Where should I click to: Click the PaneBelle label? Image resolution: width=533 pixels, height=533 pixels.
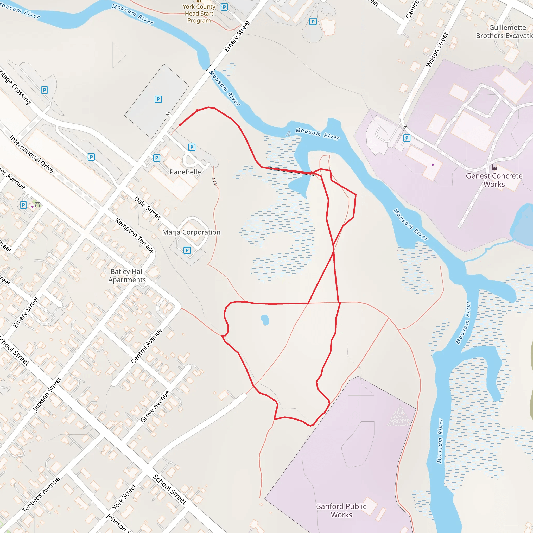click(x=185, y=172)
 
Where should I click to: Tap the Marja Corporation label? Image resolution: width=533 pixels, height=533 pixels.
click(x=191, y=232)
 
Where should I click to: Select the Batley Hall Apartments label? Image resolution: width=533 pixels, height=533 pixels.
click(x=127, y=276)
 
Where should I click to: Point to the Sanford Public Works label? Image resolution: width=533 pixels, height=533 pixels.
click(x=341, y=510)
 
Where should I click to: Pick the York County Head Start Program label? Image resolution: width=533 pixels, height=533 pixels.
click(x=199, y=14)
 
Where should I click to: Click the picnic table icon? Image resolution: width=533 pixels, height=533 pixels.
click(x=38, y=204)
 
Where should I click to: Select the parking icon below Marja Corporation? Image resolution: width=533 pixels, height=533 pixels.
click(x=187, y=250)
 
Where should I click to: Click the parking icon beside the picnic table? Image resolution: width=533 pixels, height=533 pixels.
click(x=23, y=205)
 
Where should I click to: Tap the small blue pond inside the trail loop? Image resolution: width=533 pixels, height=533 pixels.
click(x=265, y=320)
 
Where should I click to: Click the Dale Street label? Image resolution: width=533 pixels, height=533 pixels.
click(x=148, y=208)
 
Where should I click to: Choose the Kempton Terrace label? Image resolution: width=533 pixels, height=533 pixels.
click(x=134, y=235)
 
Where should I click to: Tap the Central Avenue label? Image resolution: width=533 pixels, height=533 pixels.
click(x=147, y=346)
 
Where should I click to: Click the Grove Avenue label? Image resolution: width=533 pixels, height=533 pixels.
click(x=155, y=406)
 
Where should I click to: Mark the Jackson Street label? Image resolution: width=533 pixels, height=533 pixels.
click(x=47, y=395)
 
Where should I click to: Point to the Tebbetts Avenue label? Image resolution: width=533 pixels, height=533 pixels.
click(x=41, y=494)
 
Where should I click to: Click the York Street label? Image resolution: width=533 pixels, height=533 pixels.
click(x=124, y=497)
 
